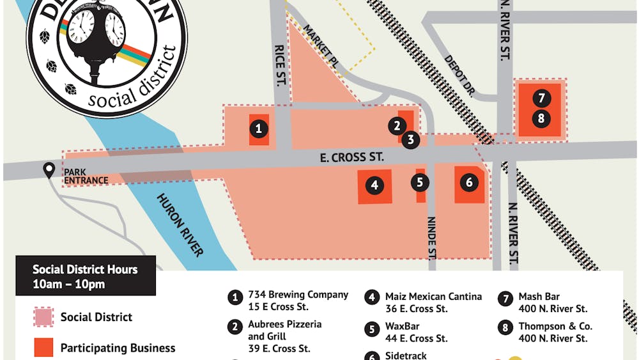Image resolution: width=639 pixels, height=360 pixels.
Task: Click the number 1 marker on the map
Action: pos(258,129)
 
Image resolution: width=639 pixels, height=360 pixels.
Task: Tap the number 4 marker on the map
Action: pos(374,186)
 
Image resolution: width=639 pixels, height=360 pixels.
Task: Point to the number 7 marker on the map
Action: pos(541,98)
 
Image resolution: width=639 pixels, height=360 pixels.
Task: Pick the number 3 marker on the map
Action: pos(411,139)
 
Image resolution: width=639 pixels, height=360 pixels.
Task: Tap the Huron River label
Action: pos(180,224)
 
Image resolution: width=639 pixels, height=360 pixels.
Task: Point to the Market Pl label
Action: pos(319,47)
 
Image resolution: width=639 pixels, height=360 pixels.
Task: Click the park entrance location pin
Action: pos(49,170)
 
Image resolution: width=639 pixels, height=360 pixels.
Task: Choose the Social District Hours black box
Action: pos(85,276)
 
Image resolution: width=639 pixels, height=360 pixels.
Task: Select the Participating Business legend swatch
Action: pos(43,348)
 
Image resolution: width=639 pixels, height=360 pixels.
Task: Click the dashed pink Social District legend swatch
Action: pos(43,317)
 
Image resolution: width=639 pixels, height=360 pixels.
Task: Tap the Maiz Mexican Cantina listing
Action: pos(433,302)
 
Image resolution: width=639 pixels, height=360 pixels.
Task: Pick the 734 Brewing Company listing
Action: pos(298,301)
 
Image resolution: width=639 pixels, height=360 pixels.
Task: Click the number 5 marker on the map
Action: pos(420,183)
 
